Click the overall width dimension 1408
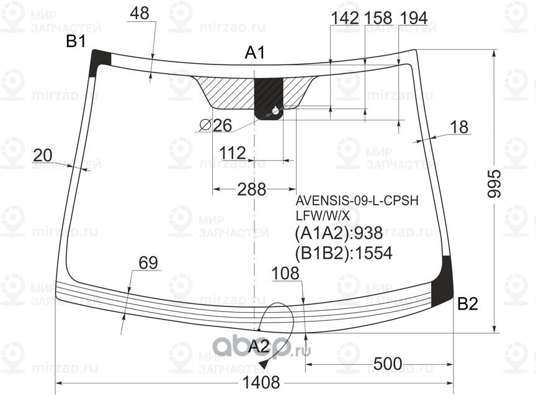point(252,382)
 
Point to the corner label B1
point(76,42)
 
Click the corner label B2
point(468,304)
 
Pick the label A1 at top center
point(255,53)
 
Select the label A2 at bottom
point(259,347)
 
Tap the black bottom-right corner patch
point(444,282)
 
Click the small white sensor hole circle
point(275,112)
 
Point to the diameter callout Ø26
point(215,125)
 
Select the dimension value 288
point(251,189)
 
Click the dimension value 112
point(233,153)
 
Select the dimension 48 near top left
point(140,13)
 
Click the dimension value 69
point(148,263)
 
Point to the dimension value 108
point(285,273)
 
